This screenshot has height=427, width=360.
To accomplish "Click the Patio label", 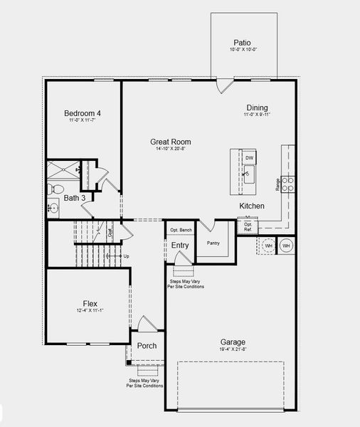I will (x=242, y=43).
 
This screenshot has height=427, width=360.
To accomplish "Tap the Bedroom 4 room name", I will (x=83, y=113).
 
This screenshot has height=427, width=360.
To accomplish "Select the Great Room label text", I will (x=170, y=142).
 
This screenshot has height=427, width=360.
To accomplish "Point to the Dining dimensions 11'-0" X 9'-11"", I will (x=256, y=115).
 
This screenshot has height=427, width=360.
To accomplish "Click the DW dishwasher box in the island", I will (x=249, y=157).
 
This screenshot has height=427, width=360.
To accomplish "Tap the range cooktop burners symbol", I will (x=288, y=185).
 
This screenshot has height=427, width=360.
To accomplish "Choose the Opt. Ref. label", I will (x=248, y=227).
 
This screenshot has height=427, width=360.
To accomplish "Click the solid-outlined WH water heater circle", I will (x=286, y=246).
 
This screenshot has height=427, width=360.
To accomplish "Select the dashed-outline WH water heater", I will (x=268, y=246).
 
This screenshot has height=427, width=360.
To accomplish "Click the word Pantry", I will (x=213, y=243).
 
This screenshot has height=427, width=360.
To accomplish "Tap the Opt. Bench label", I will (x=181, y=230).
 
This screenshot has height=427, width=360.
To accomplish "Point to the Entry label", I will (x=180, y=246).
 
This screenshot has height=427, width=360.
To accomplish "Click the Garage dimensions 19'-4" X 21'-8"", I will (x=233, y=350).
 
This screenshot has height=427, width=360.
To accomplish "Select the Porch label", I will (x=147, y=346).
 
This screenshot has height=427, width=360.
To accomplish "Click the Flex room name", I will (x=90, y=302).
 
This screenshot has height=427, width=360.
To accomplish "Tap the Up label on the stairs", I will (x=127, y=255).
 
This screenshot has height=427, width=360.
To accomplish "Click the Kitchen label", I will (x=251, y=206).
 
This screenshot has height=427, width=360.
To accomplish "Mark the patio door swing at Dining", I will (x=224, y=85).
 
